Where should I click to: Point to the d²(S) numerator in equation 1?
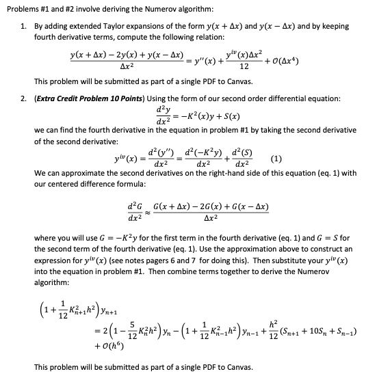(x=246, y=152)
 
